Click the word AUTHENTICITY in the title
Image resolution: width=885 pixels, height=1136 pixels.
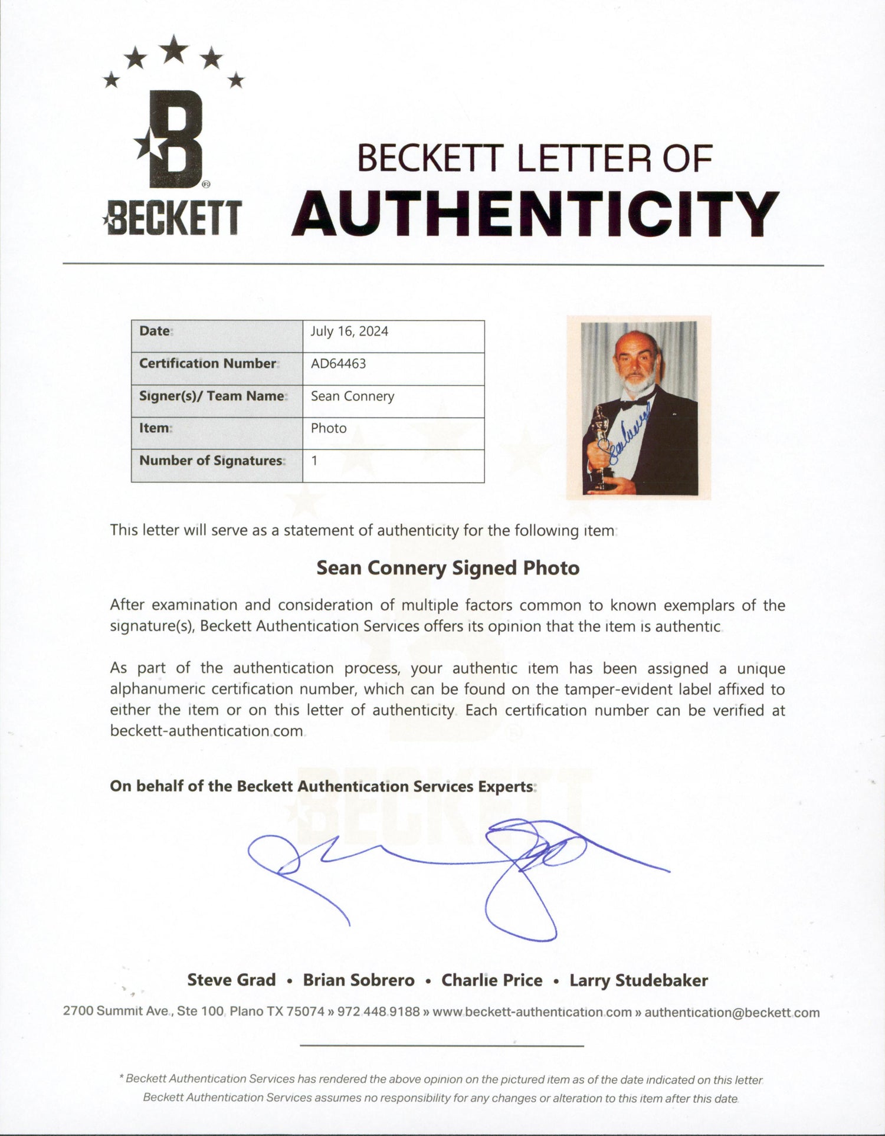[535, 214]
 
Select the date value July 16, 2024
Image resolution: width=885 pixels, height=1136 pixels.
[349, 331]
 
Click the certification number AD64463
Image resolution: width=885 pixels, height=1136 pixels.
[338, 363]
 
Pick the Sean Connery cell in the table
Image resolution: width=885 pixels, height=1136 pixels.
[352, 396]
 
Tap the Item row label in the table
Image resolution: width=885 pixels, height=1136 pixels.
[155, 428]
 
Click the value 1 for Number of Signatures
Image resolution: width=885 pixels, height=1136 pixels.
[314, 461]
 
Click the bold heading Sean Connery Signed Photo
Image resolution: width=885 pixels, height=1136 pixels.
[448, 568]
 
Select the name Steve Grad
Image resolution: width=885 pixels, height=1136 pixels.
[231, 980]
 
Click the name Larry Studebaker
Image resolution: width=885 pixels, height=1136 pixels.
[638, 980]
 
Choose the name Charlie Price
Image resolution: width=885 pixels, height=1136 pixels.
[491, 980]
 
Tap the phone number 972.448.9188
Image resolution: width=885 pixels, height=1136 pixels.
[378, 1012]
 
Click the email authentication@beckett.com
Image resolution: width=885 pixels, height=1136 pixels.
[732, 1013]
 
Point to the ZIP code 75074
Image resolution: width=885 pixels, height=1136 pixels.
[305, 1012]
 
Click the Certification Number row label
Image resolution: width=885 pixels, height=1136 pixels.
[208, 363]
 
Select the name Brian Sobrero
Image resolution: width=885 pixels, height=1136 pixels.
[359, 980]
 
